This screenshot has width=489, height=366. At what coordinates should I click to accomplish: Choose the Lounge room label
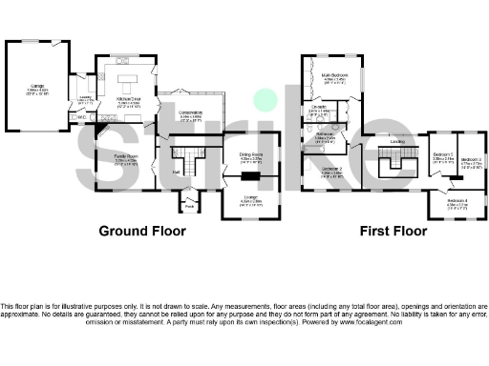pos(251,199)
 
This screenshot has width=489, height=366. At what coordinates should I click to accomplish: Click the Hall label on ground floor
pos(177,172)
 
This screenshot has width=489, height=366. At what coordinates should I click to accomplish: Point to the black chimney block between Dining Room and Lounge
pos(252,175)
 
